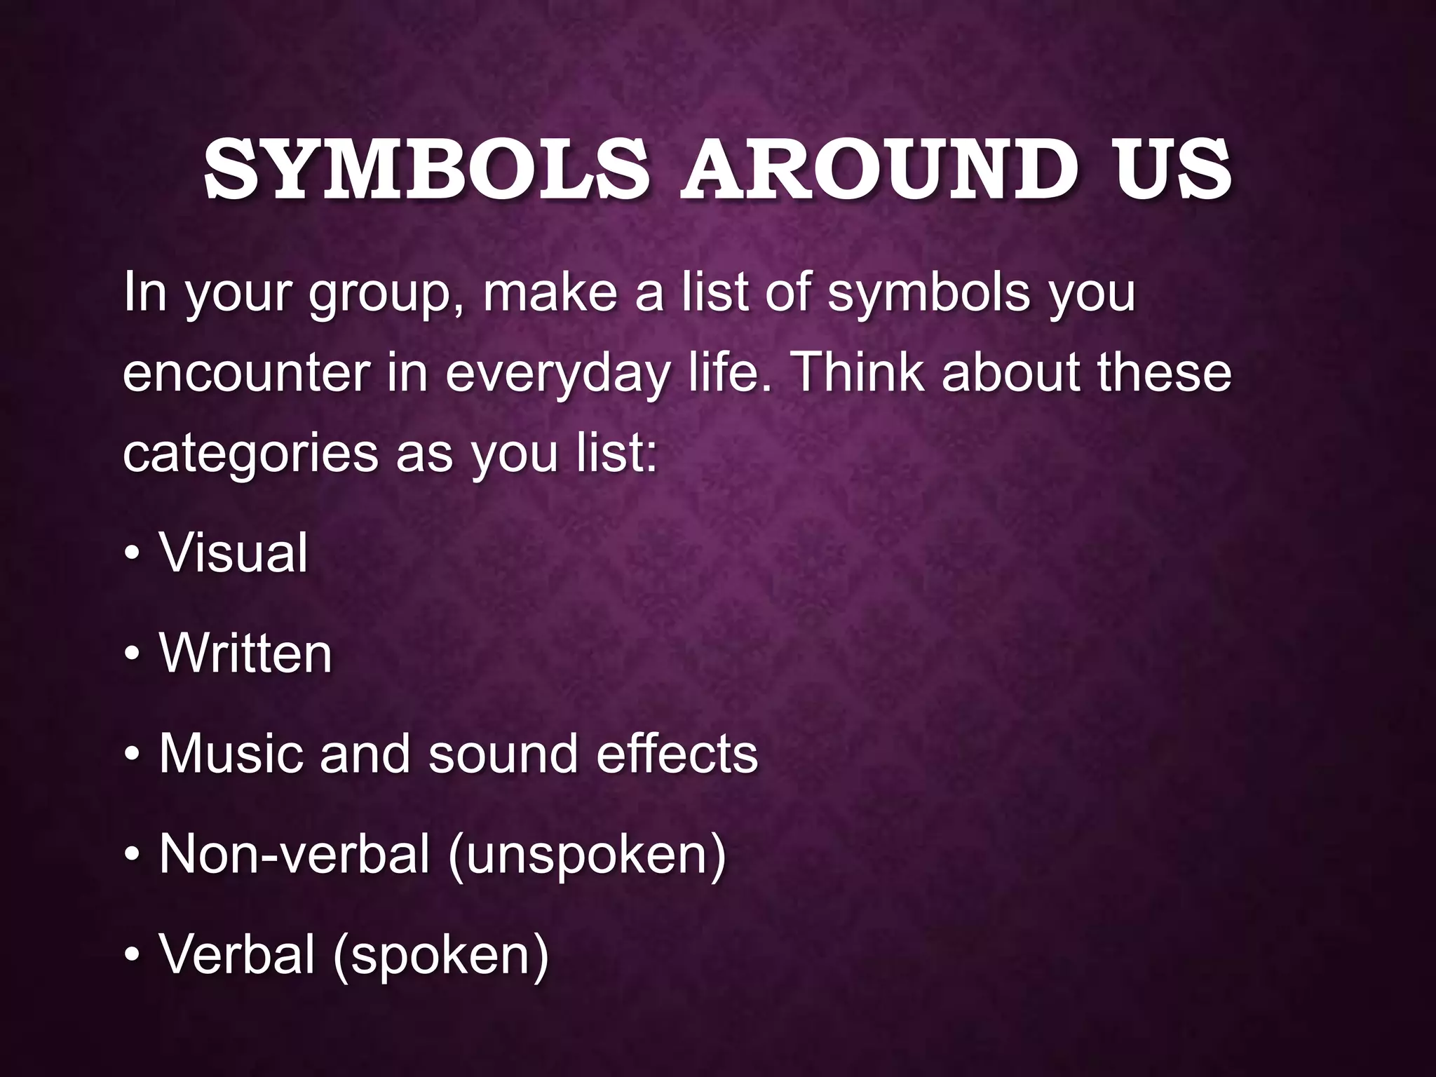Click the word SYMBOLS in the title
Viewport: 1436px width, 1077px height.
[x=426, y=170]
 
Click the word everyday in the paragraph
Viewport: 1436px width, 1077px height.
[x=557, y=374]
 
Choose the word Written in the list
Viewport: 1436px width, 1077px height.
[x=245, y=653]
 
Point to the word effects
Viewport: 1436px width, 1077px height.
[x=677, y=754]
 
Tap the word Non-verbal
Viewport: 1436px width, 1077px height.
[x=294, y=854]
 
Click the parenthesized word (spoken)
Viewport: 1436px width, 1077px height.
[x=441, y=956]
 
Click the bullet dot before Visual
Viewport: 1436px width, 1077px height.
[x=131, y=554]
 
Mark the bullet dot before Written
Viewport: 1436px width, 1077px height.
[x=131, y=655]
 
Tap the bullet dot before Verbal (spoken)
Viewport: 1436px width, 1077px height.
[x=131, y=956]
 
